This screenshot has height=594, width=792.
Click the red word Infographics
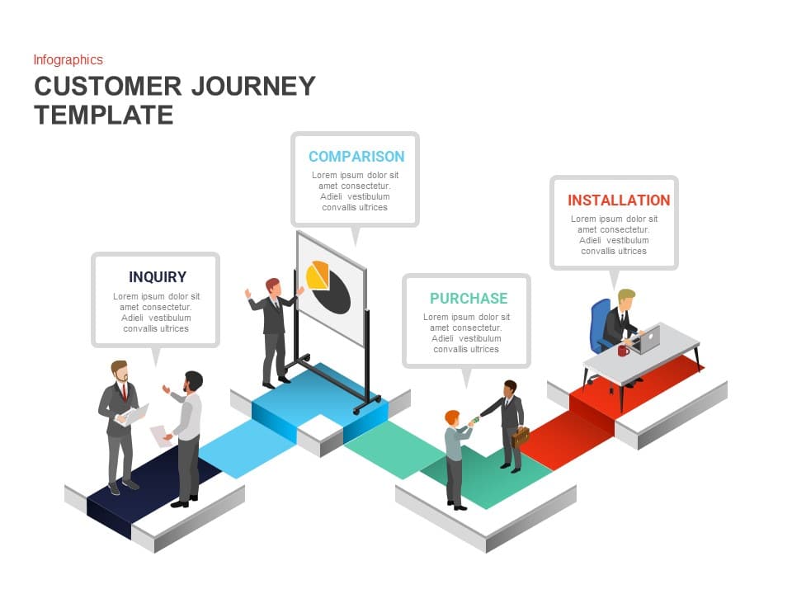coord(68,59)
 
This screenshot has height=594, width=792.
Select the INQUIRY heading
coord(157,277)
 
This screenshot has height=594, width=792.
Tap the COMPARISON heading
coord(356,156)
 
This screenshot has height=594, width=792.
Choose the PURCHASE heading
coord(468,298)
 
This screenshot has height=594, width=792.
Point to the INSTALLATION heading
coord(618,200)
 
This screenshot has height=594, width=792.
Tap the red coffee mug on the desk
coord(623,350)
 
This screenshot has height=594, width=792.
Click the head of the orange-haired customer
coord(452,417)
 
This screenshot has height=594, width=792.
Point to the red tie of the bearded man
coord(125,392)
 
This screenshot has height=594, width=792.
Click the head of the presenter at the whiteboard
coord(272,286)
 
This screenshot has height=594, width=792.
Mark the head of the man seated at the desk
coord(626,299)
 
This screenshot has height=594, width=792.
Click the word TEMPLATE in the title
coord(104,114)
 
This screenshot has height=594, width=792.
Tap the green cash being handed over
coord(474,422)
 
